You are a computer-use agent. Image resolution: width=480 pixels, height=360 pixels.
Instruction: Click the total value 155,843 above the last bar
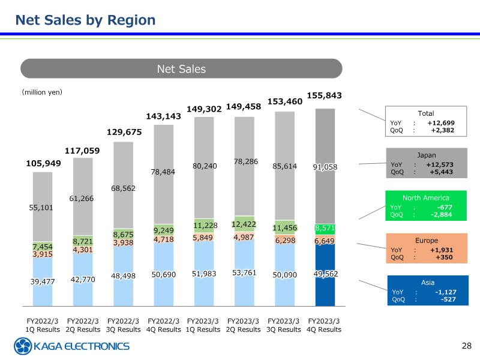[x=324, y=95]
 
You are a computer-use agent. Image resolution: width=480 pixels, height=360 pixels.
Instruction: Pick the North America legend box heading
[x=425, y=197]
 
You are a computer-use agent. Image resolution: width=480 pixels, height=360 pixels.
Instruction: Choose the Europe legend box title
[x=426, y=241]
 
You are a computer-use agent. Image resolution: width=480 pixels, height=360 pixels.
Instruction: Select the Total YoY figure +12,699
[x=442, y=123]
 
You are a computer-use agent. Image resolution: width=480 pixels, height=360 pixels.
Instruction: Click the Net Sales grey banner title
[x=181, y=69]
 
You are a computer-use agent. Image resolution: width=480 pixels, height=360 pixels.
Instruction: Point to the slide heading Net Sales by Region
[x=85, y=20]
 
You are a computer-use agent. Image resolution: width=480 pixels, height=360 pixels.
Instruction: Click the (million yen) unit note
[x=42, y=92]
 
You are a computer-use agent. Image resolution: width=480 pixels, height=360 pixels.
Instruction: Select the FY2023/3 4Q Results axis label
[x=324, y=325]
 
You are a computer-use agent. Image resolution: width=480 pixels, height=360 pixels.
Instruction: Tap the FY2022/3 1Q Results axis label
[x=43, y=325]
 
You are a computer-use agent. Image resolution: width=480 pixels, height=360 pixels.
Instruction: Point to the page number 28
[x=467, y=346]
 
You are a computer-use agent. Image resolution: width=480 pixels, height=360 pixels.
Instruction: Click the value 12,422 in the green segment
[x=244, y=224]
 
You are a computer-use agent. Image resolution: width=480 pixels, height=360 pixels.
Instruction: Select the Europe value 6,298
[x=284, y=240]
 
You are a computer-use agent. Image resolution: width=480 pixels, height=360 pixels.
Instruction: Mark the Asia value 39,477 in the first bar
[x=43, y=282]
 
